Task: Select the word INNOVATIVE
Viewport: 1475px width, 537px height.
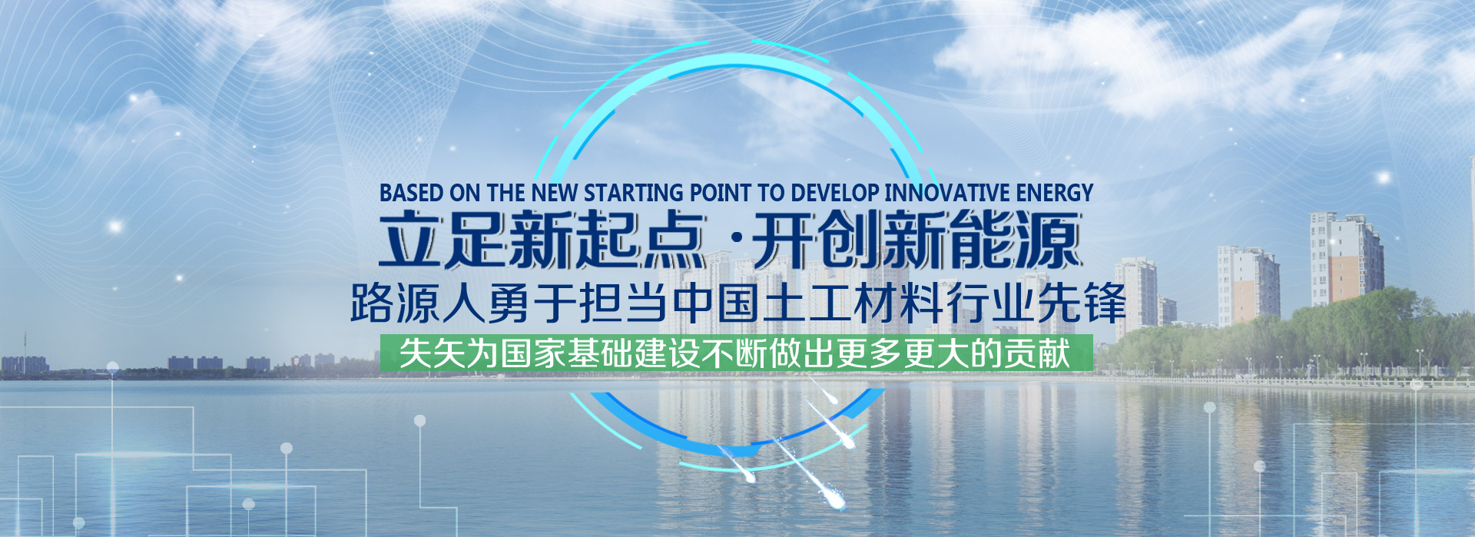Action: click(x=947, y=192)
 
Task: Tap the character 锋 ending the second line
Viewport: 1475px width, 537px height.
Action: click(x=1105, y=303)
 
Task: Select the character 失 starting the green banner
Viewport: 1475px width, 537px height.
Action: click(x=416, y=353)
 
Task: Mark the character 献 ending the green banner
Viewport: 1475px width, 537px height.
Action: click(x=1054, y=353)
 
